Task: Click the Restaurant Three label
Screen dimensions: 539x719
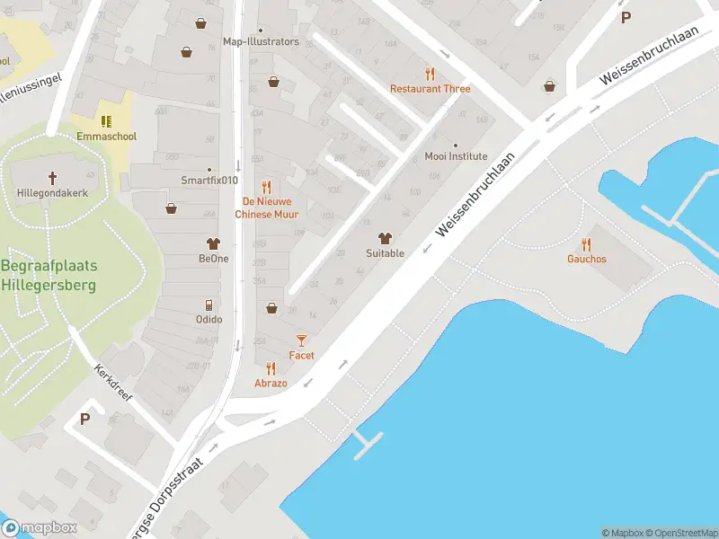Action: click(x=430, y=89)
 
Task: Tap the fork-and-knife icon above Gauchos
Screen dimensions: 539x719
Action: click(x=586, y=243)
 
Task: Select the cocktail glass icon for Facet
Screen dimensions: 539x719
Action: click(x=301, y=340)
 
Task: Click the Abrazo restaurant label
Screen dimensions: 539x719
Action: click(x=271, y=384)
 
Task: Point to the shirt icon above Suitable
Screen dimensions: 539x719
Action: click(x=385, y=238)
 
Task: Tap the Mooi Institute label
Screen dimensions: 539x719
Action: click(x=456, y=156)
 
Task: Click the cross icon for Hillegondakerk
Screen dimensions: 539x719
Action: click(x=52, y=177)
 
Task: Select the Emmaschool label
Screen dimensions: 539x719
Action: click(x=106, y=137)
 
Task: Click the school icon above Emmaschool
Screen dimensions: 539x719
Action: click(x=106, y=120)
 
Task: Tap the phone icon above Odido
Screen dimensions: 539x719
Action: click(x=209, y=305)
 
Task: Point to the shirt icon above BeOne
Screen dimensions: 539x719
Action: click(x=213, y=243)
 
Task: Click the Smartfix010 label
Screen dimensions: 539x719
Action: click(x=209, y=180)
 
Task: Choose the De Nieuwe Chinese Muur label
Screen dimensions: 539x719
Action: click(x=266, y=208)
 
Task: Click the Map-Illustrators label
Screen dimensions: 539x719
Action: click(x=261, y=41)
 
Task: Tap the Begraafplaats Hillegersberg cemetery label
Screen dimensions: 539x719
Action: click(x=49, y=276)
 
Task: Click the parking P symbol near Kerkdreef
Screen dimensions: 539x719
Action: click(x=85, y=419)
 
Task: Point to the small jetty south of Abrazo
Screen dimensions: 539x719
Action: click(x=368, y=444)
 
